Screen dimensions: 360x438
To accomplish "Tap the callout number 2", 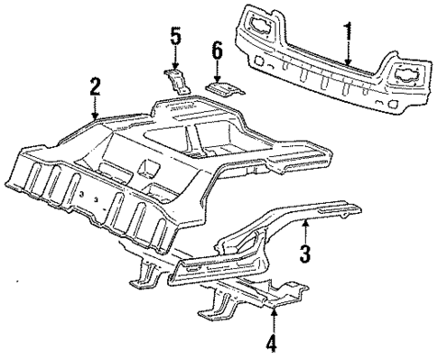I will coord(95,88).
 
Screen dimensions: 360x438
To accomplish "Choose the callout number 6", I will coord(216,51).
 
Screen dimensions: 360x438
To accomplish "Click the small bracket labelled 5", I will coord(178,79).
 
